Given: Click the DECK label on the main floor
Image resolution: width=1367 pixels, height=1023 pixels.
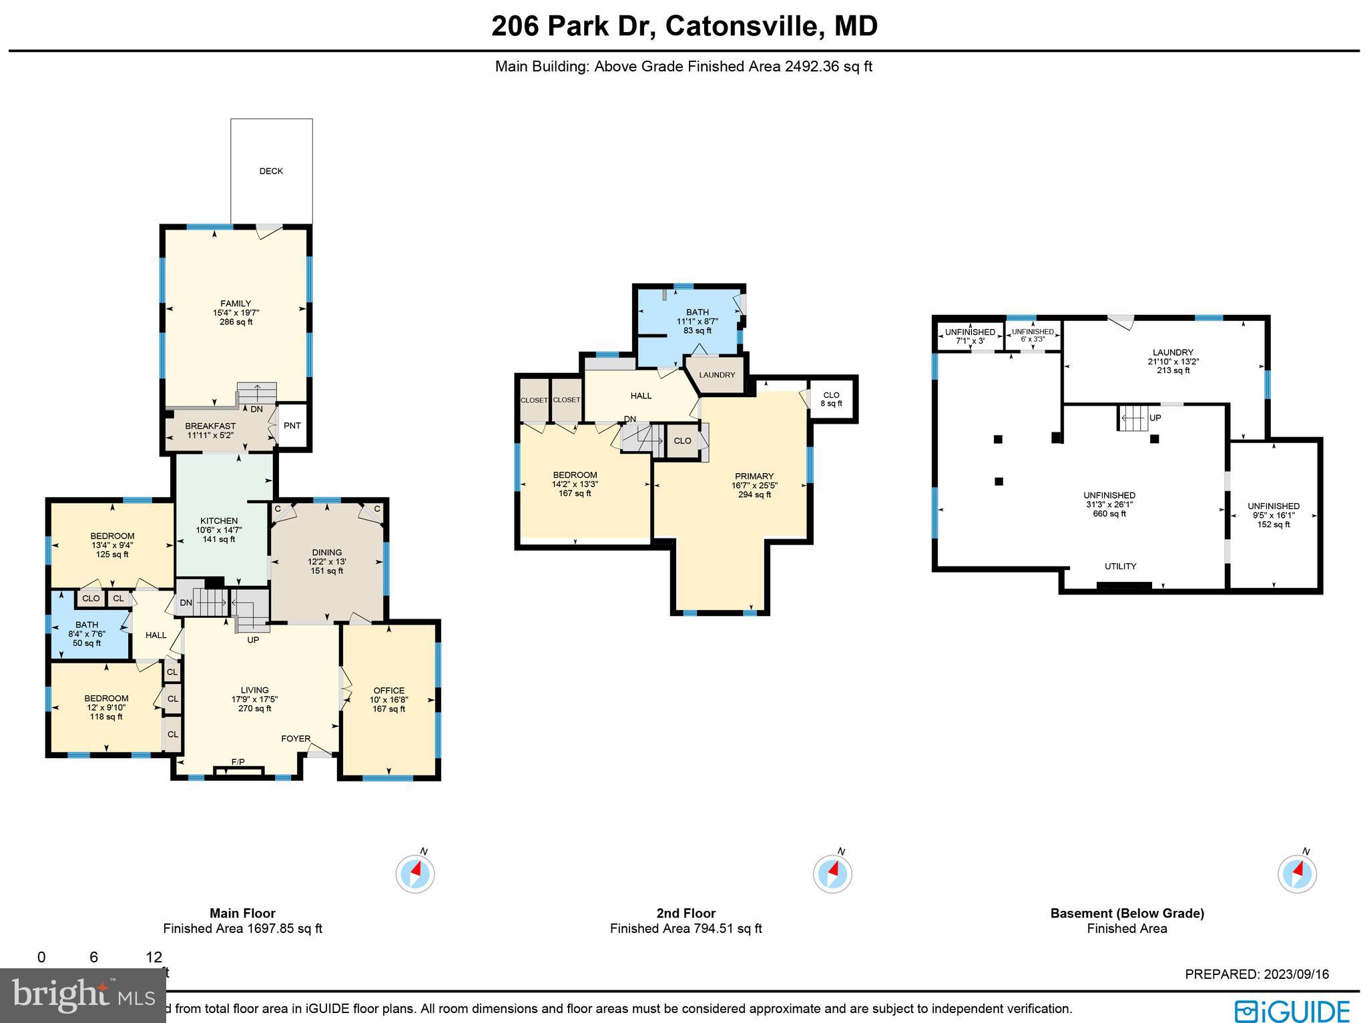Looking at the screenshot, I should point(271,172).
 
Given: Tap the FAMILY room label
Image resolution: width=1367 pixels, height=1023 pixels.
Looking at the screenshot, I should point(236,304).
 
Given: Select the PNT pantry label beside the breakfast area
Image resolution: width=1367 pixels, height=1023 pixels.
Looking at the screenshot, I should point(292,426).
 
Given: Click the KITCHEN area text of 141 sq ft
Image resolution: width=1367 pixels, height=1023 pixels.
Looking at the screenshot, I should point(219,539).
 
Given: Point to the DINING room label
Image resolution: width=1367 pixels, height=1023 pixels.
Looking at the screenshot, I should point(326,553).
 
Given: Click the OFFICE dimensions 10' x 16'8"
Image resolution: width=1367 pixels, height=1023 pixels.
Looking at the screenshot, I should point(389,700).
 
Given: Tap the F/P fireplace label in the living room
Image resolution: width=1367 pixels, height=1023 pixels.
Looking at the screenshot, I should point(238,762).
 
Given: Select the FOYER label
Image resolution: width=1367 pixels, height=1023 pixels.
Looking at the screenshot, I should point(296,739).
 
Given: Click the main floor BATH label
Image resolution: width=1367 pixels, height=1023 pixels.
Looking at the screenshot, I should point(87,625).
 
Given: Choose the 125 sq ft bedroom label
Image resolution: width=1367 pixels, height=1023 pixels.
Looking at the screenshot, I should point(112,536).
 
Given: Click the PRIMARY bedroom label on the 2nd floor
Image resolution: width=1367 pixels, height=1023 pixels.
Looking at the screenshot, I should point(754,476).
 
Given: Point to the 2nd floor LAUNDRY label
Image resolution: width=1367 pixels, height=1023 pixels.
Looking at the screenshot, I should point(717,375).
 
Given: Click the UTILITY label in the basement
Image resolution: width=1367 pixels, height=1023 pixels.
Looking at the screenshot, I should point(1120,567).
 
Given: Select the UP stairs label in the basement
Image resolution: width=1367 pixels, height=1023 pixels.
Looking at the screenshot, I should point(1155,418).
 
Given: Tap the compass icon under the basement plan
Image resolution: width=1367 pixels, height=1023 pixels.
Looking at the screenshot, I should point(1297,874).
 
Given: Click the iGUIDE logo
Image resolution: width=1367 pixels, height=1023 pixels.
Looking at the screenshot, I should point(1292,1010).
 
